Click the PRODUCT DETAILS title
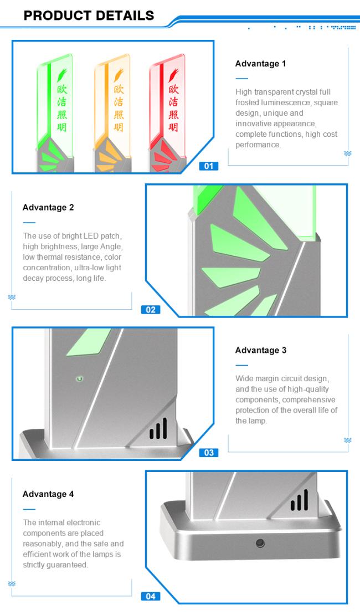[89, 16]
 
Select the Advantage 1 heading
[261, 64]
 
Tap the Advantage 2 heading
[48, 207]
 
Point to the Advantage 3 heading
[261, 351]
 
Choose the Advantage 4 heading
[48, 494]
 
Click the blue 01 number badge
[208, 166]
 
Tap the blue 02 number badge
[150, 310]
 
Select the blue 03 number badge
[208, 453]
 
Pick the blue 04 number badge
[150, 597]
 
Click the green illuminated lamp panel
[55, 106]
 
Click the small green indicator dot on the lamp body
[80, 379]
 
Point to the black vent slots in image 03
[158, 429]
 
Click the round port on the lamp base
[260, 543]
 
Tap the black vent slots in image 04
[299, 500]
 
